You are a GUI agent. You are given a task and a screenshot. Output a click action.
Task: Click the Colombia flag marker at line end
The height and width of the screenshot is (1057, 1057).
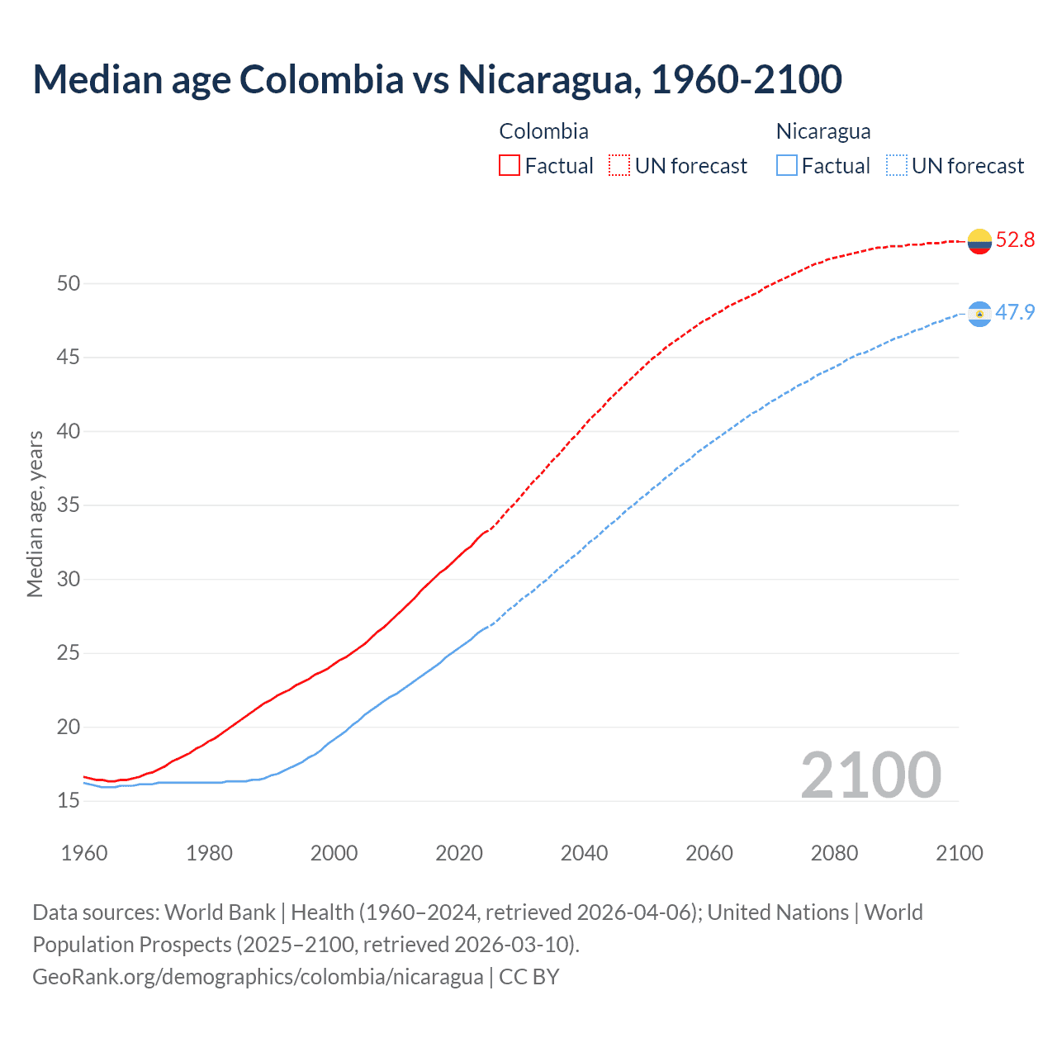point(979,241)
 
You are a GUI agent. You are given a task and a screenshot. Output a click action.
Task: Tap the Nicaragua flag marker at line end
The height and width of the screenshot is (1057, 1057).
point(979,314)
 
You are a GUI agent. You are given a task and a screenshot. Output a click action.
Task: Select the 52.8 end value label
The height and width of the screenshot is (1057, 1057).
point(1015,240)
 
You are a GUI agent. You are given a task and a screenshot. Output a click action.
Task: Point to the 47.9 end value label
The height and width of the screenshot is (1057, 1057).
point(1015,313)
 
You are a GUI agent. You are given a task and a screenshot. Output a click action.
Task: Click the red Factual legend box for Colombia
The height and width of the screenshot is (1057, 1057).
point(510,166)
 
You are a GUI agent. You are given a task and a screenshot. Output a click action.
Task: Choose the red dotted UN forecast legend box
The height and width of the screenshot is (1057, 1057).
point(619,166)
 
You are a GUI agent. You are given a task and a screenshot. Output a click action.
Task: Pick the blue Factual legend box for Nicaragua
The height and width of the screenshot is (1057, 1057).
point(787,166)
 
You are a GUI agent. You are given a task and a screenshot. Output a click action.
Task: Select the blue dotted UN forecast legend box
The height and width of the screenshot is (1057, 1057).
point(897,166)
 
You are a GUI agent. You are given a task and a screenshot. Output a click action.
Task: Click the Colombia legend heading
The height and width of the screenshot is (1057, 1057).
point(543,131)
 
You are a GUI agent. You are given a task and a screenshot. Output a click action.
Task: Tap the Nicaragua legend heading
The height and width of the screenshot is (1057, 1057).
point(823,131)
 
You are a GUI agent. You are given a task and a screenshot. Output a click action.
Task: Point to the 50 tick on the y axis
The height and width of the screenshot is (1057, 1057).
point(69,284)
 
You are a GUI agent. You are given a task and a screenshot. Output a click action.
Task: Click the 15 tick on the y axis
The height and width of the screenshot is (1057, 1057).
point(69,801)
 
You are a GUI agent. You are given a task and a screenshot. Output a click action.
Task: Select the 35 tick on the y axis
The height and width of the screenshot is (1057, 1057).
point(69,505)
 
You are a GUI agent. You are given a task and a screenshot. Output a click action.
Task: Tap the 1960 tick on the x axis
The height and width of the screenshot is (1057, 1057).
point(84,853)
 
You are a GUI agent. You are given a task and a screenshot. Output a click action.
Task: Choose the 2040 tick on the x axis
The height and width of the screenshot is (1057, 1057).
point(584,853)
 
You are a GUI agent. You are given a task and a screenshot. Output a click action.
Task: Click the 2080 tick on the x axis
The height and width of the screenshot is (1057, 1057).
point(834,853)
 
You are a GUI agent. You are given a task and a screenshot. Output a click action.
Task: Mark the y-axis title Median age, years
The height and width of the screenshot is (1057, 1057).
point(35,514)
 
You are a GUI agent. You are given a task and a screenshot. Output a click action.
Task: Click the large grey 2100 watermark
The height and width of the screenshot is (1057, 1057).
point(870,775)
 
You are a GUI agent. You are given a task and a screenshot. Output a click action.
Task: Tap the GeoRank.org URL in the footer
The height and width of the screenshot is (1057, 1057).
point(258,977)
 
